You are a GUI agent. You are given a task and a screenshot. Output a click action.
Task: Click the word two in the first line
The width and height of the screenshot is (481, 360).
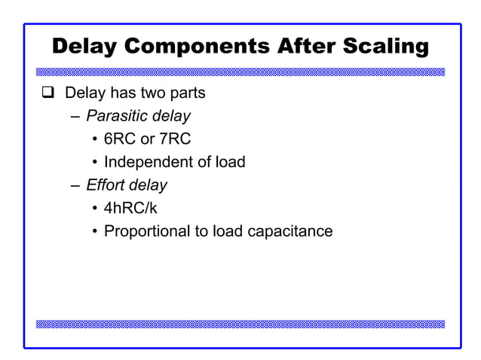tap(154, 94)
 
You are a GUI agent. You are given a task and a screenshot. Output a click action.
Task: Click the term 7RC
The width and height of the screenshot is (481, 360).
tap(176, 139)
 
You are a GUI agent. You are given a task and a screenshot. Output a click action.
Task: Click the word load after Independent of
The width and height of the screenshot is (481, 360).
tap(229, 162)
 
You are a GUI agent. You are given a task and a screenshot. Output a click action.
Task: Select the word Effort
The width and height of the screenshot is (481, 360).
tap(106, 185)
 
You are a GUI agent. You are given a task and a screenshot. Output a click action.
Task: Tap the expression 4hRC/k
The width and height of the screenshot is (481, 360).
tap(130, 208)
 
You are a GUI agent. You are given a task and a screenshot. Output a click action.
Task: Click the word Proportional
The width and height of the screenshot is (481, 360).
tap(146, 230)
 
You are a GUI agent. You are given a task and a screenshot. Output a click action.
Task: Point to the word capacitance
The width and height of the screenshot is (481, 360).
tap(291, 230)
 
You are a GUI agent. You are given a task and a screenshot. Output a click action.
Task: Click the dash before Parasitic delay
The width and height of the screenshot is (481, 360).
tap(75, 117)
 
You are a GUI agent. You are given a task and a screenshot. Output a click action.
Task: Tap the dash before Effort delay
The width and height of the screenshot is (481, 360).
tap(75, 185)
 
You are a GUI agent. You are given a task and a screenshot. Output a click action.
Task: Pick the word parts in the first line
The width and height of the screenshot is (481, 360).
tap(188, 95)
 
